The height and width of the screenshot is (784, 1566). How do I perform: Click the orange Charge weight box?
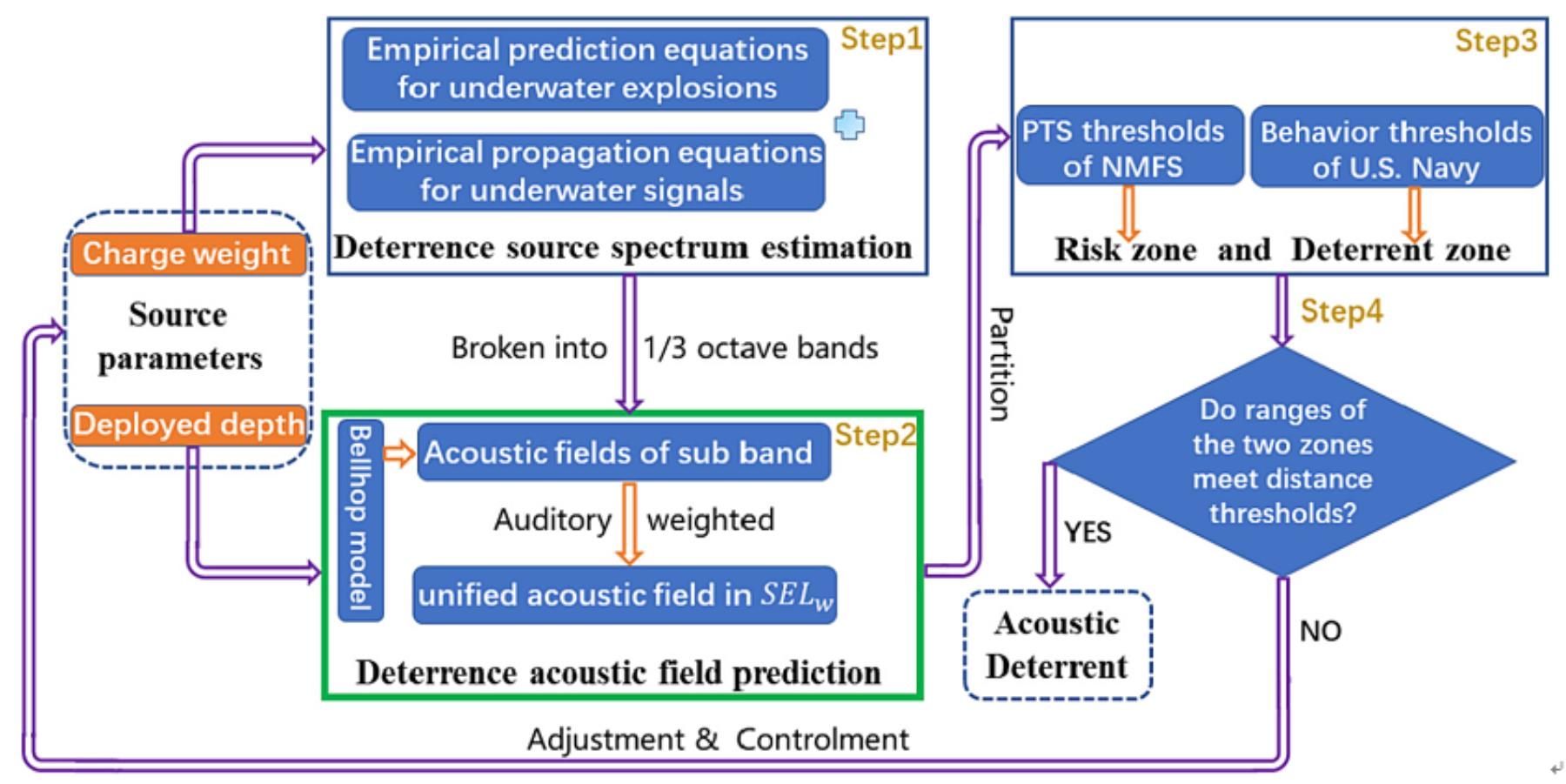[x=188, y=254]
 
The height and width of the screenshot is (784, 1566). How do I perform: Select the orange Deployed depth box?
[x=189, y=425]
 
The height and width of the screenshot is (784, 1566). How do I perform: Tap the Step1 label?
[x=880, y=39]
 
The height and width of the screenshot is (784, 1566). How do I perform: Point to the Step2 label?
[x=875, y=435]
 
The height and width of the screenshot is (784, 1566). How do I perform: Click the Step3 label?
[x=1496, y=41]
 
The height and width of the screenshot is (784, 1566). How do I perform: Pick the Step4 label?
[x=1341, y=312]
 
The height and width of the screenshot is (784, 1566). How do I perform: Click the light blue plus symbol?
[x=850, y=125]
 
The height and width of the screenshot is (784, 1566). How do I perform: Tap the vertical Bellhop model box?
[x=360, y=519]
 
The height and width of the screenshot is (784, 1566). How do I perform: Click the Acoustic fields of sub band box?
[x=623, y=452]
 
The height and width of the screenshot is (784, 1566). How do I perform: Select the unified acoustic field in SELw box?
[x=624, y=595]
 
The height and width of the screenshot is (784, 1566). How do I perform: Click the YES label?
[x=1087, y=532]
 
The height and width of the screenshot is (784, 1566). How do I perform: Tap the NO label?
[x=1320, y=631]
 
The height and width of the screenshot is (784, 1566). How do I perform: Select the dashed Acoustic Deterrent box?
[x=1057, y=645]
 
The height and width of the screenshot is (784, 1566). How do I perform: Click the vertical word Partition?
[x=1000, y=364]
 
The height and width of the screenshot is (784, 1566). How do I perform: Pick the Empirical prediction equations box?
[x=586, y=69]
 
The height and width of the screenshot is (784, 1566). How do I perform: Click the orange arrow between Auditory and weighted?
[x=629, y=522]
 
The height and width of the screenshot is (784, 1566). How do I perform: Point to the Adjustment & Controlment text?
[x=717, y=740]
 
